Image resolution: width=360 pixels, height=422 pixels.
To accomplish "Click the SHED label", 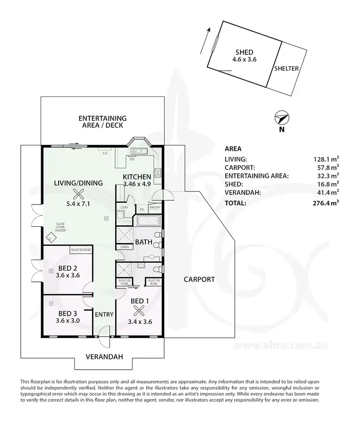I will tap(244, 52).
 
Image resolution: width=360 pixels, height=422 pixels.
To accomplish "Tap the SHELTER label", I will tap(287, 69).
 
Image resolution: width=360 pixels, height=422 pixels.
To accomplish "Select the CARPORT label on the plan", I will tap(199, 279).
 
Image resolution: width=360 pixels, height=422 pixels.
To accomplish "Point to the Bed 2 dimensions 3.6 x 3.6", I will tap(67, 275).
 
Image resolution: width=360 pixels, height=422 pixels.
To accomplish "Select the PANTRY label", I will tap(155, 207).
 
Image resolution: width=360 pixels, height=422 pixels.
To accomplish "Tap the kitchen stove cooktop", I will tap(157, 173).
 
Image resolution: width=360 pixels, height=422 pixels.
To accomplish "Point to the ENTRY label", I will tap(104, 315).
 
